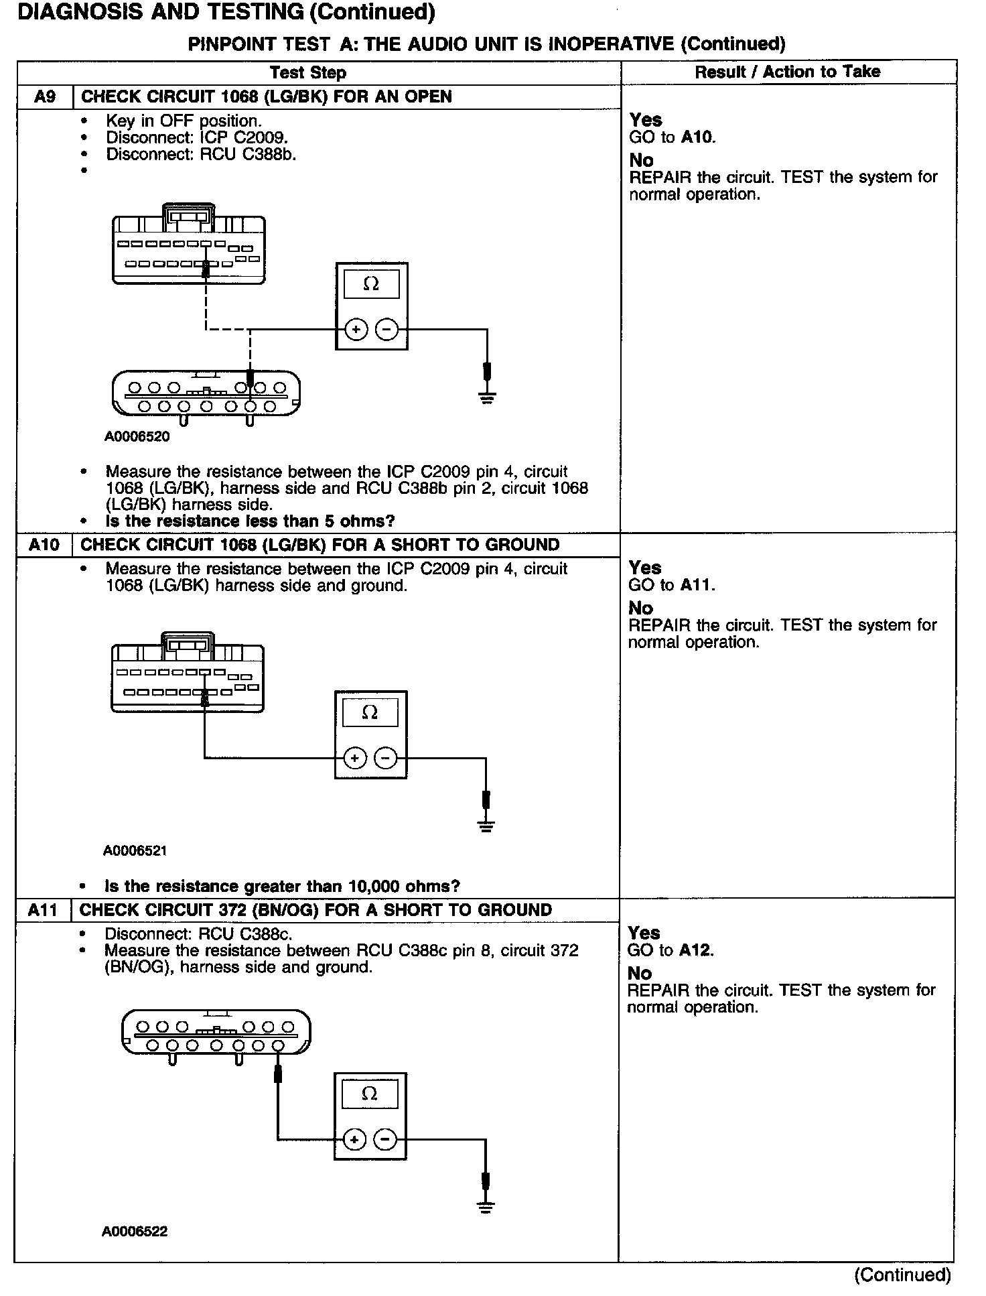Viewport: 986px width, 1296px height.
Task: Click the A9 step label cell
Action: [44, 96]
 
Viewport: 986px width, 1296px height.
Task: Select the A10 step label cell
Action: [44, 545]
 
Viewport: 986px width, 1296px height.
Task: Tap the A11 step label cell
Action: [43, 910]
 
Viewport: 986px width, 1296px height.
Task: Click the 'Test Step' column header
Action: [308, 72]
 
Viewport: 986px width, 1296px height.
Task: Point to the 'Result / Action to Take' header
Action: [787, 72]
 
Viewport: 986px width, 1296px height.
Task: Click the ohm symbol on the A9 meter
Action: [370, 285]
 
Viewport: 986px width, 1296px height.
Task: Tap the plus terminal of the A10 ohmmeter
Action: [354, 758]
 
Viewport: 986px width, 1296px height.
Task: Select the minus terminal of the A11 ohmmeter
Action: [384, 1139]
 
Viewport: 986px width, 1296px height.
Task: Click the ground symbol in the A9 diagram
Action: [488, 398]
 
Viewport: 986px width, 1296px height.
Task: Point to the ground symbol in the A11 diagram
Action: [486, 1208]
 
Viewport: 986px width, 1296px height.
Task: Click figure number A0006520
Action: [137, 437]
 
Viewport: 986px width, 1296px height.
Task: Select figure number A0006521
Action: [135, 851]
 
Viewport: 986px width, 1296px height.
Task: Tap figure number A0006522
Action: [135, 1232]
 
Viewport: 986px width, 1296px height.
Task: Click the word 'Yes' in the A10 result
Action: [645, 568]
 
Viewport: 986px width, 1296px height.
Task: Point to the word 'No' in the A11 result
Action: [640, 973]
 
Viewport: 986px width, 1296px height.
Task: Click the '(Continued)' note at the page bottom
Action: [902, 1275]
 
